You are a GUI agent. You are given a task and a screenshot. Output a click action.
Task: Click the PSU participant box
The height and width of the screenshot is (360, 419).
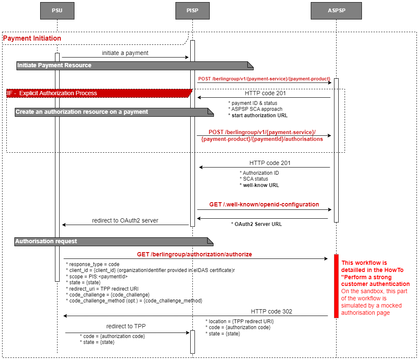tap(57, 11)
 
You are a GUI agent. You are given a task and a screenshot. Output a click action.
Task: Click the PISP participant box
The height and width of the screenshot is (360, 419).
tap(192, 11)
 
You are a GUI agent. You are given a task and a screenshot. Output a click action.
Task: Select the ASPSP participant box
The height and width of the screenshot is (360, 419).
tap(336, 11)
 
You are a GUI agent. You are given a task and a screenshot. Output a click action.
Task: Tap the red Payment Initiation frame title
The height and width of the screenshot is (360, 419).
tap(32, 38)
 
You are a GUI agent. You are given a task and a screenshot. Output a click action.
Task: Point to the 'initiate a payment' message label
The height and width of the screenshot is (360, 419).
tap(125, 53)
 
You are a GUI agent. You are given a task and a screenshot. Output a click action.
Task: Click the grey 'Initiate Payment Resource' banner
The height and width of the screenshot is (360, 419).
tap(54, 65)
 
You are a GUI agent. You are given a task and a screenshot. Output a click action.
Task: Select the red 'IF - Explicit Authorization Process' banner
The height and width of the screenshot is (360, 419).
tap(52, 93)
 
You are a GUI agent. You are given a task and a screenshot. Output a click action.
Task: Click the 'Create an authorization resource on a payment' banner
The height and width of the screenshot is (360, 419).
tap(82, 112)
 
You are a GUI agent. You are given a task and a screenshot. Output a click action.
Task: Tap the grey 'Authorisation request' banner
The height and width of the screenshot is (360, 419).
tap(46, 241)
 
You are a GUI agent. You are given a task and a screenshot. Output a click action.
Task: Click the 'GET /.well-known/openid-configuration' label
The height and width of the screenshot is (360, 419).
tap(264, 204)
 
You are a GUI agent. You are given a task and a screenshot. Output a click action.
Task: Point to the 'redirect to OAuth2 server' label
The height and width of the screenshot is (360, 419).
tap(125, 220)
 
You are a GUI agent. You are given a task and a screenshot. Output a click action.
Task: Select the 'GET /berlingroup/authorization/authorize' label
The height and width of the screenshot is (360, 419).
tap(194, 254)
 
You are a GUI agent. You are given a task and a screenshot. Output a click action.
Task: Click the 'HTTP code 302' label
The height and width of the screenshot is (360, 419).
tap(271, 311)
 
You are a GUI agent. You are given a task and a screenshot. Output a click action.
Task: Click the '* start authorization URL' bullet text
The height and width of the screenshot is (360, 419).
tap(258, 115)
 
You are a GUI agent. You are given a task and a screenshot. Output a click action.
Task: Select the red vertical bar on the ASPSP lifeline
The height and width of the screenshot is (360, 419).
tap(337, 286)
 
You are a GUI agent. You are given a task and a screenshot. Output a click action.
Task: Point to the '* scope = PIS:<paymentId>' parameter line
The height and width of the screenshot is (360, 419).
tap(97, 276)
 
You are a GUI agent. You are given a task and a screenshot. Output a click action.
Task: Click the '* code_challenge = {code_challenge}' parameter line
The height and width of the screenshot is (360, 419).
tap(108, 294)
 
